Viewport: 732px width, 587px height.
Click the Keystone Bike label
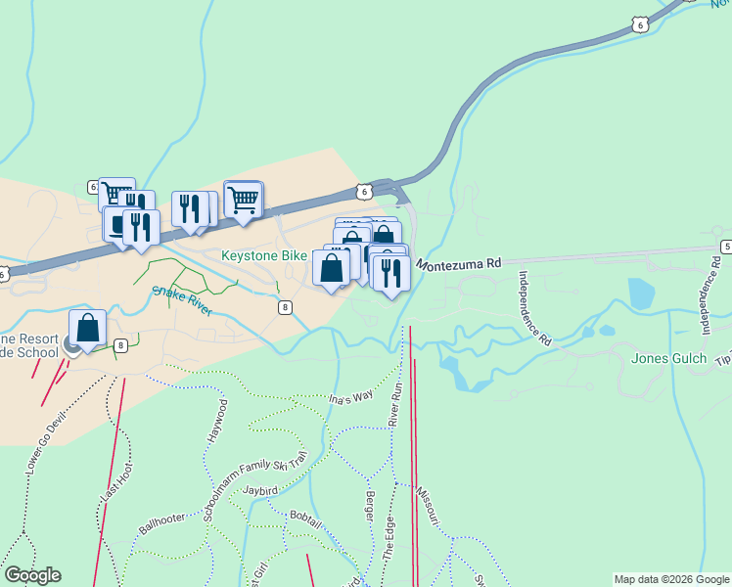(x=264, y=255)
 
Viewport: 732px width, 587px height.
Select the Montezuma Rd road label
(x=458, y=264)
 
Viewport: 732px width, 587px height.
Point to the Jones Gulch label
(x=668, y=358)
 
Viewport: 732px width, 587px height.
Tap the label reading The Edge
(x=389, y=540)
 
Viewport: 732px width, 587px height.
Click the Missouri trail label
(x=426, y=505)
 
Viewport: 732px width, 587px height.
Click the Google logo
(x=32, y=575)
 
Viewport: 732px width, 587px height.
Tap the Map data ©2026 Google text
(x=672, y=579)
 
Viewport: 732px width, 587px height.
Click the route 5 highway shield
(x=726, y=246)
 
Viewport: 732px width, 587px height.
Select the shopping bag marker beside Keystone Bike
(x=332, y=267)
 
